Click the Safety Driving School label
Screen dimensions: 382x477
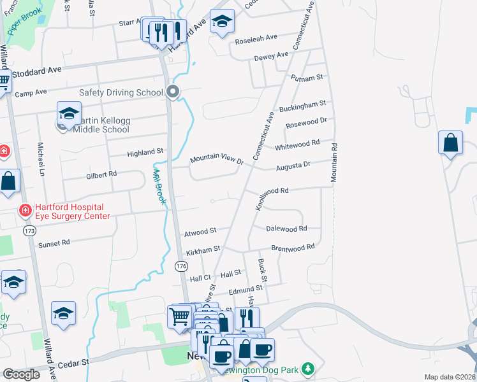(121, 92)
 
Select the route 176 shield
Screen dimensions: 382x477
(181, 265)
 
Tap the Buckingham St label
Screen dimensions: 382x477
(306, 103)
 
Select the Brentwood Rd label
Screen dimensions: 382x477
(293, 247)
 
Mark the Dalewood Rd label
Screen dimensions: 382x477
(286, 228)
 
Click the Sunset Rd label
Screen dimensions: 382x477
(53, 243)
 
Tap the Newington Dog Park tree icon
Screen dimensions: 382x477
(309, 369)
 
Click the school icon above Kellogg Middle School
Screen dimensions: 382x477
(69, 114)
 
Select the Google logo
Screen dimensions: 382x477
(21, 374)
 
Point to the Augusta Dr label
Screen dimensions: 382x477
(293, 166)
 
